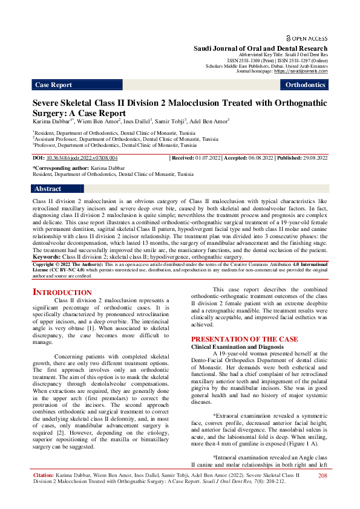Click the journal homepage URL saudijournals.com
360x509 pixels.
(301, 71)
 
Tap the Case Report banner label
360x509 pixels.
(53, 85)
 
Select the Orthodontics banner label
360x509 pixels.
(306, 85)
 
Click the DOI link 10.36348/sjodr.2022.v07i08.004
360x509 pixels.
(82, 158)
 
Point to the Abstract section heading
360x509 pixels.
(48, 189)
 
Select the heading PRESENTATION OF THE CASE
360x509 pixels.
(252, 340)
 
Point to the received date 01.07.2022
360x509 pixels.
(209, 158)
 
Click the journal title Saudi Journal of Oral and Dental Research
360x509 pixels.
(260, 48)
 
